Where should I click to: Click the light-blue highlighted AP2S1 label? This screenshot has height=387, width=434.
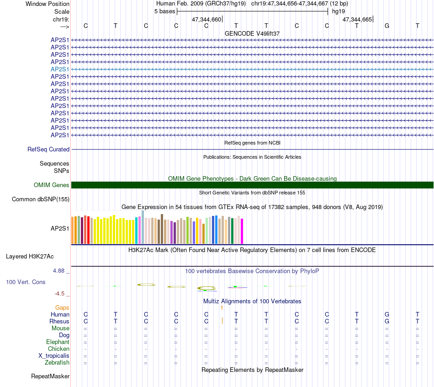[x=60, y=70]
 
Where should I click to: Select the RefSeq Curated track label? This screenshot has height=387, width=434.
[x=48, y=150]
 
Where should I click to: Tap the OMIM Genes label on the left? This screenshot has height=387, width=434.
[x=52, y=185]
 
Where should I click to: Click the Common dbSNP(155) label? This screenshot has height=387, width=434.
[x=41, y=199]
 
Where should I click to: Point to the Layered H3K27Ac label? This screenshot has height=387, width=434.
[x=30, y=257]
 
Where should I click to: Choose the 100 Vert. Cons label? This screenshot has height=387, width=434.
[x=26, y=282]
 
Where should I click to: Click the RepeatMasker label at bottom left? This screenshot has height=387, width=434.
[x=50, y=376]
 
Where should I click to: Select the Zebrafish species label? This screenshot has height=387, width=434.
[x=57, y=363]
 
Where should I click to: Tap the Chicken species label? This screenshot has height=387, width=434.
[x=58, y=349]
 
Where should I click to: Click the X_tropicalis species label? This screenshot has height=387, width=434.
[x=54, y=356]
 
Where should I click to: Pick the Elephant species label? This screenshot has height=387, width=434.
[x=58, y=342]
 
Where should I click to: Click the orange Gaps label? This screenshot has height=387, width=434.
[x=62, y=308]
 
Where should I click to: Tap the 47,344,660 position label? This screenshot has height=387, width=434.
[x=206, y=19]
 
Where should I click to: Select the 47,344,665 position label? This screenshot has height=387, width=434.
[x=357, y=19]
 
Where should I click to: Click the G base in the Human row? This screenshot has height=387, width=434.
[x=387, y=314]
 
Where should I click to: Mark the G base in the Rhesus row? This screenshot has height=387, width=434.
[x=387, y=321]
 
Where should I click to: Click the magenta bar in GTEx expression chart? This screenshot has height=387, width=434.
[x=242, y=231]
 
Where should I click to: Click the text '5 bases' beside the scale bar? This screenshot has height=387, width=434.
[x=164, y=11]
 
